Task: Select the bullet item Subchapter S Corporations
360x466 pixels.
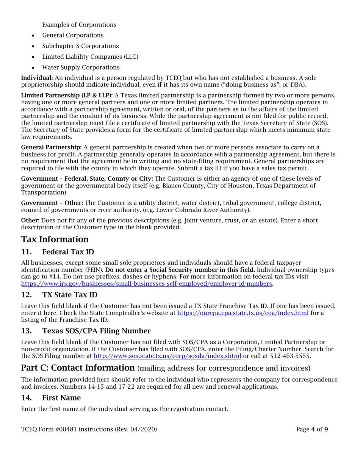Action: [x=80, y=46]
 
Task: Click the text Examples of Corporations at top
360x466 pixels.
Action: [x=79, y=25]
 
